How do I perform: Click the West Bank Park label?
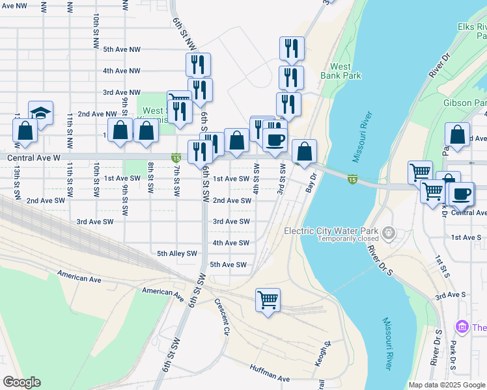click(x=341, y=71)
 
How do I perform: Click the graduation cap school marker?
click(x=41, y=114)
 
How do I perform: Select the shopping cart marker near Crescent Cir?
click(x=268, y=300)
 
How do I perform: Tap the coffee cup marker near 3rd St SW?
click(x=275, y=139)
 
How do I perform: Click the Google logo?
click(x=21, y=382)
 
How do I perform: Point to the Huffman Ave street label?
click(x=270, y=373)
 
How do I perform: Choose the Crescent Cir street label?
click(x=221, y=318)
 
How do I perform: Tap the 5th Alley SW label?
click(x=177, y=253)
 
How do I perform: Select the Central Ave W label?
click(x=34, y=157)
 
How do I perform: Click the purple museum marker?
click(x=463, y=326)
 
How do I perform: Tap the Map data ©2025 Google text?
click(x=447, y=385)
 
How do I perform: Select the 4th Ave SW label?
click(x=231, y=243)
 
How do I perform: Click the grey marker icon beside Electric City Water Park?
click(x=389, y=232)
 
